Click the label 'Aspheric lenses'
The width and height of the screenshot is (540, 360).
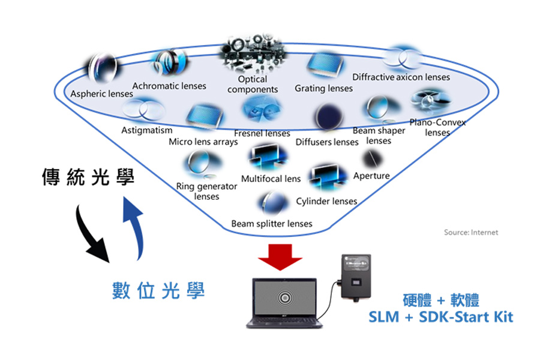pos(101,94)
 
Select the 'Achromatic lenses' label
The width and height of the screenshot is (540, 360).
pos(169,86)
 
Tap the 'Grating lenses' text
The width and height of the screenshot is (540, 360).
pos(323,88)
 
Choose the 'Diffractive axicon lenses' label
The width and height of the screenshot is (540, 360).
pos(401,77)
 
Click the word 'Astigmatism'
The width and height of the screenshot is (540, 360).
pos(146,130)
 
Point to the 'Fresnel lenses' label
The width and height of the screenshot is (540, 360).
pos(262,133)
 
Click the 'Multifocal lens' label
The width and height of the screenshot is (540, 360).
pos(271,178)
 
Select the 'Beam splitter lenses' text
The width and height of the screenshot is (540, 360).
pos(272,224)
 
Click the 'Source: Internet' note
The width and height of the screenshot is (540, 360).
pos(471,232)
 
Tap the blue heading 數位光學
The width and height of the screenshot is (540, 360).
pos(158,291)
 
